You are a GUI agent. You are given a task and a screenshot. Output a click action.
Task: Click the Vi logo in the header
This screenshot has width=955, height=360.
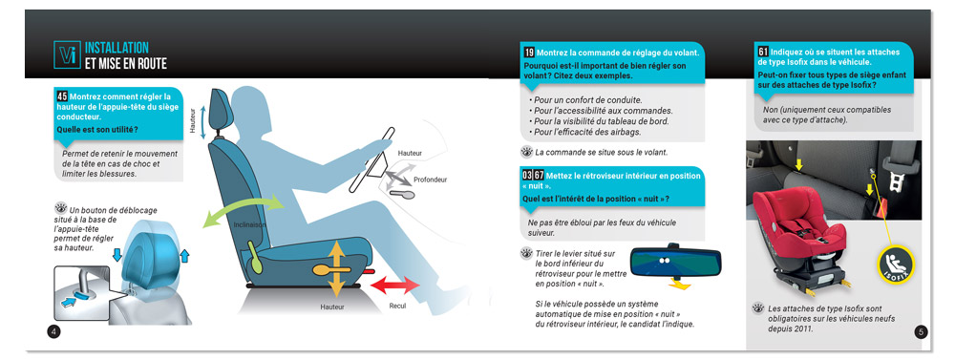click(67, 54)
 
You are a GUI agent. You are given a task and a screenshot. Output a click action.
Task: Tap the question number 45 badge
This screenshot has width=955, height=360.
click(62, 96)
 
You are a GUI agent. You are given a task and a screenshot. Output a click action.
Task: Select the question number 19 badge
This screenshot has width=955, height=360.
click(529, 53)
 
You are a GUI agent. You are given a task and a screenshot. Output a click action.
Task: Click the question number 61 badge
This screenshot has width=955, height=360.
click(763, 52)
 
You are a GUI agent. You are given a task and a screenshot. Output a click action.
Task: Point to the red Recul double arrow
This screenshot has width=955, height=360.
click(395, 285)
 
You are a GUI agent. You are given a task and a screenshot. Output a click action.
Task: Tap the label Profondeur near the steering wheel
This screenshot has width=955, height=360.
click(430, 180)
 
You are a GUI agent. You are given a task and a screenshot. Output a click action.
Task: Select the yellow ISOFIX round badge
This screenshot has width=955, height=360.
click(896, 265)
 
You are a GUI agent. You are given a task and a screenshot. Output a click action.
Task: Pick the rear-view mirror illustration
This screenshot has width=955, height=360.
click(675, 262)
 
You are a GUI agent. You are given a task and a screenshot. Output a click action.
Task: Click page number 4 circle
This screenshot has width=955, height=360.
click(53, 331)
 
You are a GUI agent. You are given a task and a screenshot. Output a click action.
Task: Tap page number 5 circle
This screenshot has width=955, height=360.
click(921, 331)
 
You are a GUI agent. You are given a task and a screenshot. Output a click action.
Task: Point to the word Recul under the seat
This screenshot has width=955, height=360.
click(397, 306)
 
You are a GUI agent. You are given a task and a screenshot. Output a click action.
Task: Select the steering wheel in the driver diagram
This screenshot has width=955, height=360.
click(371, 159)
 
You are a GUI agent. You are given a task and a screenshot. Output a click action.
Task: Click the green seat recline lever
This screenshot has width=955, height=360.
click(254, 257)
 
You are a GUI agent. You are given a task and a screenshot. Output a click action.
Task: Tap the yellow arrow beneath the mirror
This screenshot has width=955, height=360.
click(678, 284)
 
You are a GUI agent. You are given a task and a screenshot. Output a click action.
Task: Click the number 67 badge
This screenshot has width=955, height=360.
click(539, 176)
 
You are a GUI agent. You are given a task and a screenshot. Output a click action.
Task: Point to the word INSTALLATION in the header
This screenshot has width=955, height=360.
click(117, 48)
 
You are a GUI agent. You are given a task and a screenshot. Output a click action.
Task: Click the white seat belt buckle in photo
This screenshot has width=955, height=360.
click(895, 180)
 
